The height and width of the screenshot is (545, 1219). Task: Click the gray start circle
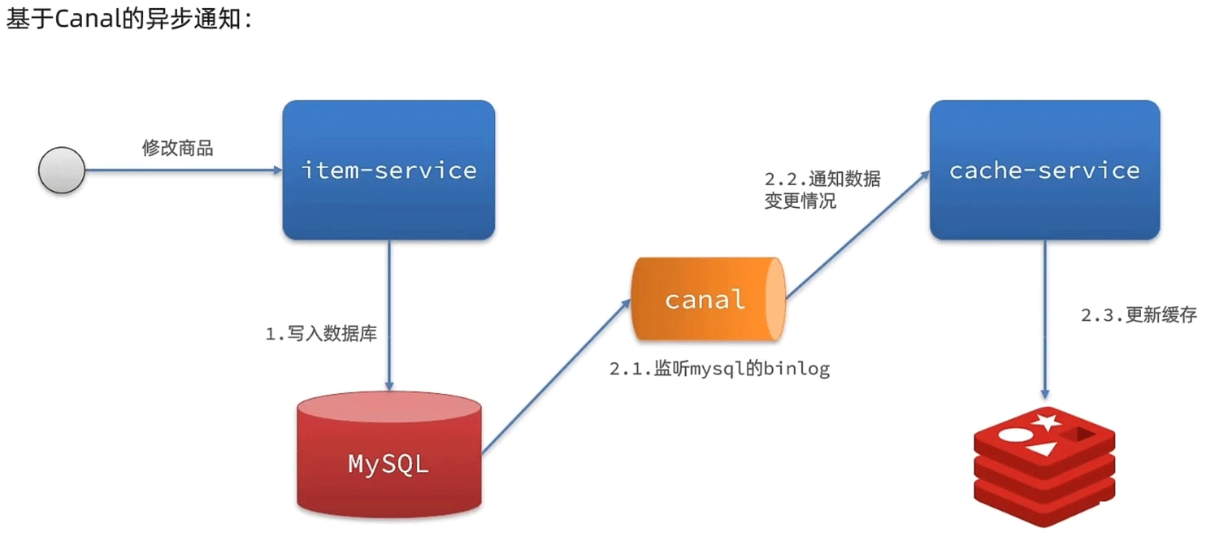tap(62, 171)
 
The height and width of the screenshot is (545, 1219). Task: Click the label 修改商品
tap(177, 148)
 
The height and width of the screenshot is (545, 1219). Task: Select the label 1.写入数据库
tap(321, 334)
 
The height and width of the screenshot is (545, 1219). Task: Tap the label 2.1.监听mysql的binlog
tap(719, 369)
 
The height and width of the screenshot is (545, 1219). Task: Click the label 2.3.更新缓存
tap(1139, 316)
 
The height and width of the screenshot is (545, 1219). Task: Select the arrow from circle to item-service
tap(183, 171)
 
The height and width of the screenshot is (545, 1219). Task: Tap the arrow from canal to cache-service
tap(857, 236)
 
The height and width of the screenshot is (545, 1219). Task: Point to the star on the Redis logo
tap(1046, 422)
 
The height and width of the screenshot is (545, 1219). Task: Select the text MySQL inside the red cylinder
tap(388, 464)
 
